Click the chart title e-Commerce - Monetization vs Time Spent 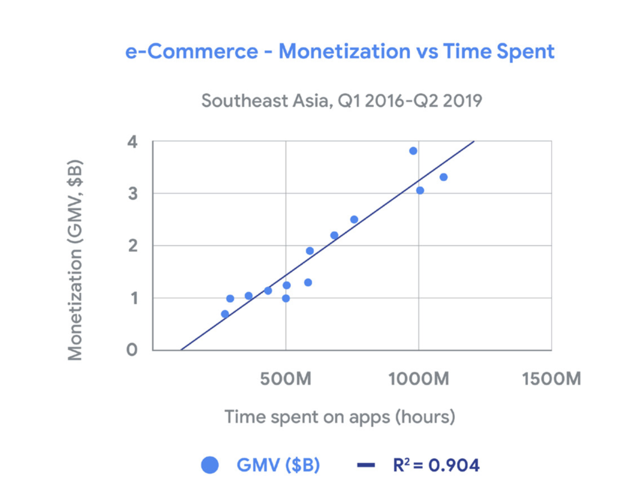pos(340,51)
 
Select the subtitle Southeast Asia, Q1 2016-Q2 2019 pos(341,101)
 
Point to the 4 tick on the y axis pos(132,142)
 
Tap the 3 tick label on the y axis pos(133,194)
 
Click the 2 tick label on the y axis pos(133,246)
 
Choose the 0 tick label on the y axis pos(132,350)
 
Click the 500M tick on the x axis pos(285,379)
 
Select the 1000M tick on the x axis pos(419,379)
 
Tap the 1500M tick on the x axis pos(551,379)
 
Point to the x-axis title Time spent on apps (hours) pos(340,417)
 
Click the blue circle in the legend pos(210,465)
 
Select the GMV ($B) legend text pos(278,465)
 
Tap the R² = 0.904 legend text pos(436,465)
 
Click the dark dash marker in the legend pos(366,466)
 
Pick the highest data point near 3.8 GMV pos(413,151)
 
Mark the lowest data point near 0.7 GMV pos(225,314)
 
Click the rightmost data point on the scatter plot pos(443,177)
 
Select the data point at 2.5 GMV pos(354,220)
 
